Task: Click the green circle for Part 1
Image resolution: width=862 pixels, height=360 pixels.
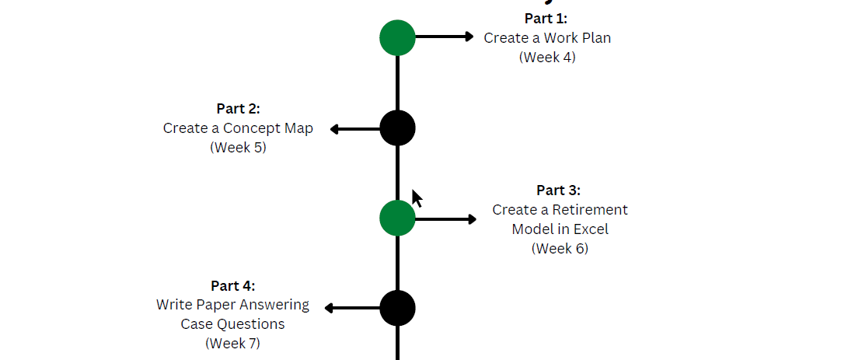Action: click(x=397, y=37)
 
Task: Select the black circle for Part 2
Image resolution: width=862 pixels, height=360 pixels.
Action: click(x=397, y=128)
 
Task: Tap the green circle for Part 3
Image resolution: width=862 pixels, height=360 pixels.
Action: click(x=397, y=218)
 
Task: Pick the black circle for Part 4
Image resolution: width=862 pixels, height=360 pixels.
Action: click(x=397, y=308)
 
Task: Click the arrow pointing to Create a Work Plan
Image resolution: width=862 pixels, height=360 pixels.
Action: click(x=445, y=37)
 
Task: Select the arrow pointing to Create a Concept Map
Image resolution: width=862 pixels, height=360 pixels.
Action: click(x=354, y=129)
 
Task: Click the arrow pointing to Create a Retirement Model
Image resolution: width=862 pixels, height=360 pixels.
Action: click(x=446, y=219)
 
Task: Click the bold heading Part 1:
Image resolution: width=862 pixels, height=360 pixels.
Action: click(x=546, y=19)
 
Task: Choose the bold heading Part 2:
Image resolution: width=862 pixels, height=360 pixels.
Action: click(x=238, y=109)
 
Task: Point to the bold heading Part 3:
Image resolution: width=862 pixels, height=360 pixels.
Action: click(x=559, y=190)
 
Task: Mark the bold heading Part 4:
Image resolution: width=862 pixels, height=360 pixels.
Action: click(x=232, y=285)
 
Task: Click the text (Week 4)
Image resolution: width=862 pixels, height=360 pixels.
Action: click(x=547, y=57)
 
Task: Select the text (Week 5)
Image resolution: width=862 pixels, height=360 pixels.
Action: click(x=238, y=147)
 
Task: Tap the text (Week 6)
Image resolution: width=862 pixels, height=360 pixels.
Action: click(x=560, y=249)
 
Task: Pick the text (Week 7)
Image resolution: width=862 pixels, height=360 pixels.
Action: click(x=232, y=343)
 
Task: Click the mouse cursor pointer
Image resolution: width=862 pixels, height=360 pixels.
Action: click(x=417, y=198)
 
